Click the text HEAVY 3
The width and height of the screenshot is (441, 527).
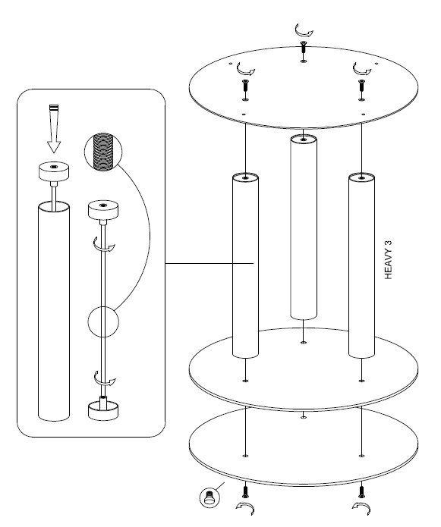click(388, 260)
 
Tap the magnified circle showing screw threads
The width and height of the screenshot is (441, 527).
click(103, 152)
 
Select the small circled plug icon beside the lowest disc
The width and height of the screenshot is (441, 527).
click(209, 497)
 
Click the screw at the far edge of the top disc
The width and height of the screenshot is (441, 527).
click(304, 46)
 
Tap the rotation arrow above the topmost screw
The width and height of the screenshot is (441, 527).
click(304, 31)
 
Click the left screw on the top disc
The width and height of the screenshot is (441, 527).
click(245, 85)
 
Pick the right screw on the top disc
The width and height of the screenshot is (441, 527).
click(361, 85)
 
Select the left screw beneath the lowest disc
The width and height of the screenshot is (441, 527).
click(245, 491)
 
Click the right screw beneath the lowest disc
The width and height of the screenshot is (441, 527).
click(361, 491)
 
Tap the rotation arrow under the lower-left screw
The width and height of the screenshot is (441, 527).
click(246, 507)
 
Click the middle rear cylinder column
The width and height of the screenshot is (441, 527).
click(304, 227)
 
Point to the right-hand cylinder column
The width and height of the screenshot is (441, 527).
click(361, 265)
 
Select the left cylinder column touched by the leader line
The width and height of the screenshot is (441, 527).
click(245, 265)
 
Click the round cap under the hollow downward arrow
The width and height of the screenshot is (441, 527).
click(54, 171)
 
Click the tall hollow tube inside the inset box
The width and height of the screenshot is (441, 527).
click(54, 311)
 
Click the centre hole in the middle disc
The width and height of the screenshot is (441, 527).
click(304, 343)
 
